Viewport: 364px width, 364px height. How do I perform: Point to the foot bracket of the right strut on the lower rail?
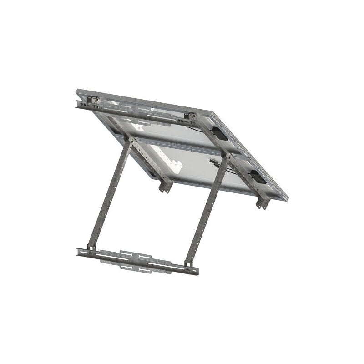tap(188, 263)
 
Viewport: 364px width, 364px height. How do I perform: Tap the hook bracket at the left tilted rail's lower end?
tap(166, 186)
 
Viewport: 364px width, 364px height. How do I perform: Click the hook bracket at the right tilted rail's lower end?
tap(263, 202)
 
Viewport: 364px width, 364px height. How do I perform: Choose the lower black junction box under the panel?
tap(258, 177)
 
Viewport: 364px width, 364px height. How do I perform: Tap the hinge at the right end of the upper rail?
tap(191, 117)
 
